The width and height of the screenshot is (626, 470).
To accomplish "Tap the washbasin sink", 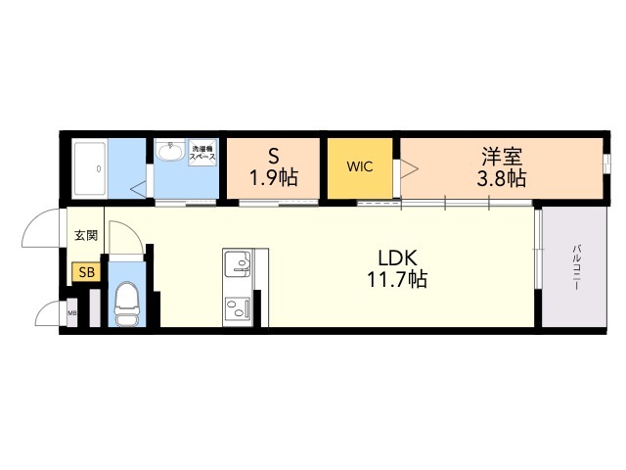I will (170, 153).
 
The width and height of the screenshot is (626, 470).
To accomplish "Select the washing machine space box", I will (202, 153).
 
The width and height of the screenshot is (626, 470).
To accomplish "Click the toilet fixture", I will (127, 303).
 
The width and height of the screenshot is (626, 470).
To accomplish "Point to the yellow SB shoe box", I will (86, 273).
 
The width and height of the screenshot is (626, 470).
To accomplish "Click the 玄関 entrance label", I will (85, 235).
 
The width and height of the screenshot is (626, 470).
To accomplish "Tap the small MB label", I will (71, 314).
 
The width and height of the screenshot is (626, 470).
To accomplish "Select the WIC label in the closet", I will (359, 166).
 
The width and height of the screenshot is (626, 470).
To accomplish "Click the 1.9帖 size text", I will (275, 178).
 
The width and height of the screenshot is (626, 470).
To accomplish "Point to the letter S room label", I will (275, 156).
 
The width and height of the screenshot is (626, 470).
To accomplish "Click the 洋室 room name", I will (501, 156).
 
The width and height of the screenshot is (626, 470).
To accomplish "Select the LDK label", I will (399, 258).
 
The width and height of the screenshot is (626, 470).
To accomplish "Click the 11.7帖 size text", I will (399, 280).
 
